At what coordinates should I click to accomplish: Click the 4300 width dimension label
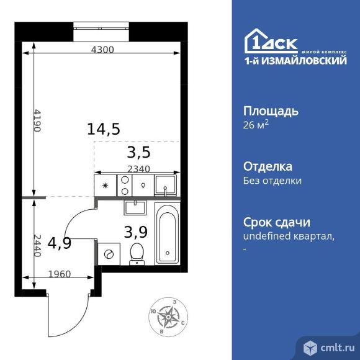click(102, 50)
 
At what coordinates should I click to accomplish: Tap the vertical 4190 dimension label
click(37, 119)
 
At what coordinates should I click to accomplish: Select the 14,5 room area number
click(103, 129)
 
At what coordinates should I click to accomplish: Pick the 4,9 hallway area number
click(60, 243)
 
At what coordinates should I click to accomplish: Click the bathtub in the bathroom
click(167, 233)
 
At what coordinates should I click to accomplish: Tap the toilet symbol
click(137, 254)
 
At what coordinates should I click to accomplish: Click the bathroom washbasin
click(135, 207)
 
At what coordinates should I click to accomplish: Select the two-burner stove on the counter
click(124, 184)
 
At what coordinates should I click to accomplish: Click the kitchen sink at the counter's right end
click(164, 184)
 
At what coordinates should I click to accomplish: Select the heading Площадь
click(270, 111)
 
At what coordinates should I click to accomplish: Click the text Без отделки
click(272, 181)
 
